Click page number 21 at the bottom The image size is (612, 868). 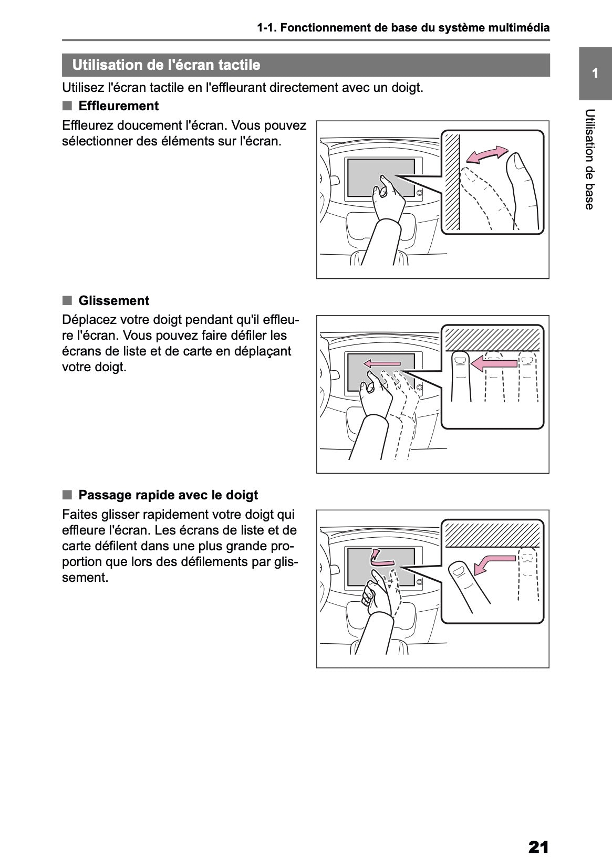pyautogui.click(x=538, y=847)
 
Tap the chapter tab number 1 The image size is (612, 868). pyautogui.click(x=595, y=74)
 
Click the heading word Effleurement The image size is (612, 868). pyautogui.click(x=118, y=106)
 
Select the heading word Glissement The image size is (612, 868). pyautogui.click(x=113, y=301)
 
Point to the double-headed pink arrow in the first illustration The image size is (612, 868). pyautogui.click(x=487, y=154)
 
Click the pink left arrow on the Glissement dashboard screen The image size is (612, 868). pyautogui.click(x=382, y=363)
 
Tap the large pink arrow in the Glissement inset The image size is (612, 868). pyautogui.click(x=493, y=362)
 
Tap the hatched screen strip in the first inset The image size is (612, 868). pyautogui.click(x=451, y=182)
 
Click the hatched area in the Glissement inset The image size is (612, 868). pyautogui.click(x=492, y=338)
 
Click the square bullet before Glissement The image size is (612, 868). pyautogui.click(x=67, y=300)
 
